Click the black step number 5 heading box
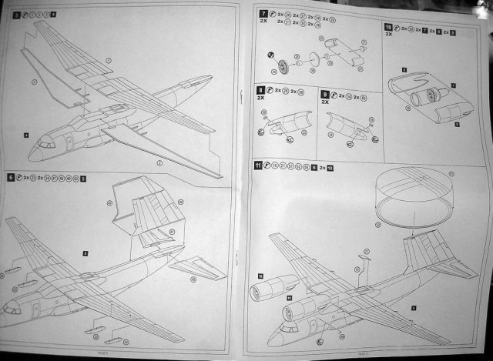click(x=18, y=15)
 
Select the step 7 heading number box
click(x=264, y=15)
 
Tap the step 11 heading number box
click(x=258, y=164)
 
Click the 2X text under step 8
click(x=264, y=101)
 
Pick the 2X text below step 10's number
click(x=388, y=35)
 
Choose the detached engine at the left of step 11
click(x=266, y=292)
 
